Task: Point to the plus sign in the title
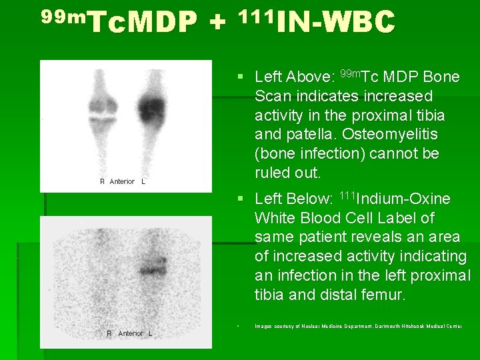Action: (x=216, y=25)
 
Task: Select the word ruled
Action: (x=274, y=173)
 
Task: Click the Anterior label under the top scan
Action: (x=122, y=181)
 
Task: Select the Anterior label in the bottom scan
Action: (x=131, y=333)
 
